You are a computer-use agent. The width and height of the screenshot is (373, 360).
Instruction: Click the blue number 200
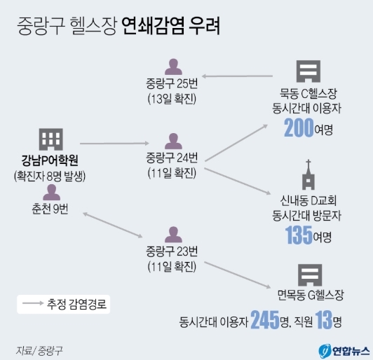tap(299, 128)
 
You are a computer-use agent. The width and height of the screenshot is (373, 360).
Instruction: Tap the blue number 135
tap(299, 235)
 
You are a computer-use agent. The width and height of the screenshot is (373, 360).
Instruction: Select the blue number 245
tap(265, 320)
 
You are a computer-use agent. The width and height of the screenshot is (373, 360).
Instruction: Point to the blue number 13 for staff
tap(323, 320)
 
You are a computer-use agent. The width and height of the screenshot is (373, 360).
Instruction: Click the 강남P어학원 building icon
tap(51, 139)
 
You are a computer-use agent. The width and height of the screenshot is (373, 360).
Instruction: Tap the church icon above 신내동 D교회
tap(308, 174)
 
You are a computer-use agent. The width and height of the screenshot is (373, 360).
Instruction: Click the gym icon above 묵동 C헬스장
tap(308, 71)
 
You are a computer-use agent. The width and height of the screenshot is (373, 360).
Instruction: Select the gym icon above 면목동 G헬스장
tap(310, 275)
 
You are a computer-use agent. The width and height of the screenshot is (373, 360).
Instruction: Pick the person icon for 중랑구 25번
tap(173, 67)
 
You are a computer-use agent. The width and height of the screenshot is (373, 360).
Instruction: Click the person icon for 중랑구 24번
tap(173, 141)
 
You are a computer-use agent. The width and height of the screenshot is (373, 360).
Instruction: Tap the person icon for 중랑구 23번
tap(173, 235)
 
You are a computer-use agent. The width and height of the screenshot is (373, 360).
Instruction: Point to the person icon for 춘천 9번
tap(51, 193)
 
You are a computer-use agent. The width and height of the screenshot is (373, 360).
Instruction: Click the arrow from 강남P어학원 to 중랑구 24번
tap(114, 144)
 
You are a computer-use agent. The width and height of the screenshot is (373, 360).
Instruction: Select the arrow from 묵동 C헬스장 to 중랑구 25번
tap(237, 76)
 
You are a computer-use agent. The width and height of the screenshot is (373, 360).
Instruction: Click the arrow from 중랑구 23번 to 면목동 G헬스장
tap(238, 275)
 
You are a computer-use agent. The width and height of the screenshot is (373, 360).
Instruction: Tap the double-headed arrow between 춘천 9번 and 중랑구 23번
tap(112, 225)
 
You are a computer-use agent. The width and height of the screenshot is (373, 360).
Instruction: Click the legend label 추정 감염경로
tap(76, 304)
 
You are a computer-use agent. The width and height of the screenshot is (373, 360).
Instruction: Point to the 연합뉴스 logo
tap(344, 351)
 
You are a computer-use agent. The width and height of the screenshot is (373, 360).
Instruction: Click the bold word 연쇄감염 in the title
tap(153, 26)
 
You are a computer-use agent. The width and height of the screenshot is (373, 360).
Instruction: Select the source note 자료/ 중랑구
tap(39, 350)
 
